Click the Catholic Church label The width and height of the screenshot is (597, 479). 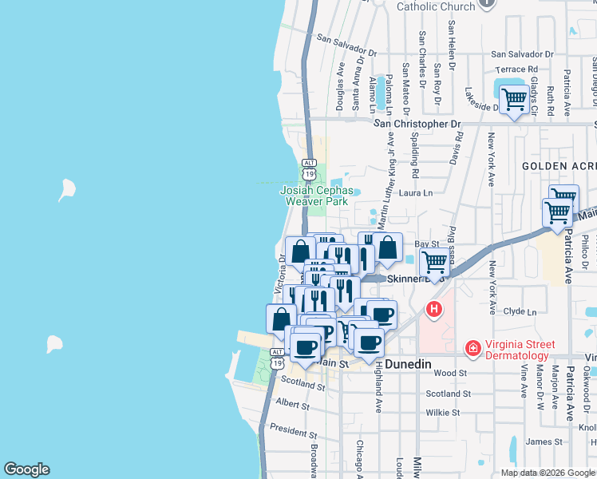(436, 6)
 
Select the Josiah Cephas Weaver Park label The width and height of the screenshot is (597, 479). (316, 196)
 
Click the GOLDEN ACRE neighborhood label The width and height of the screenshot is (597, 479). (559, 165)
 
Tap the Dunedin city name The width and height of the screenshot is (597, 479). (408, 364)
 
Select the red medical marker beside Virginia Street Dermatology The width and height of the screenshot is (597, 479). (472, 349)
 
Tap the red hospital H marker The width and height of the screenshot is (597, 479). (433, 309)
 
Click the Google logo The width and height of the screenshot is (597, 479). (26, 469)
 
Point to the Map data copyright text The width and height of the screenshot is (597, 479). (548, 473)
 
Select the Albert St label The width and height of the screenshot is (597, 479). (292, 405)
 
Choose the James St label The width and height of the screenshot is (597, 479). (544, 441)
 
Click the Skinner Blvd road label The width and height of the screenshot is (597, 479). (409, 279)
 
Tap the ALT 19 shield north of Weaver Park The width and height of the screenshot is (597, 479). (309, 169)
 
